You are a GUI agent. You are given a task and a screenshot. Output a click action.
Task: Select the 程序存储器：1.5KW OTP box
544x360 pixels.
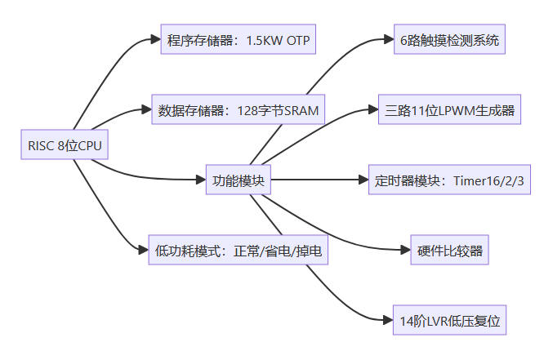click(238, 40)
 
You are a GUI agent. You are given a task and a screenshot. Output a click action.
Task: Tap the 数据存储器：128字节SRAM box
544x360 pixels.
click(239, 109)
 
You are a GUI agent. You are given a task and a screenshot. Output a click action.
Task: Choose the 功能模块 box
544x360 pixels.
click(237, 180)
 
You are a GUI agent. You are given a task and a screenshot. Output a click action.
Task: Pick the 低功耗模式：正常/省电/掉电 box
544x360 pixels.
click(238, 251)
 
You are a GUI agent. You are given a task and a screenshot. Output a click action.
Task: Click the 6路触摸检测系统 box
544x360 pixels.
click(449, 40)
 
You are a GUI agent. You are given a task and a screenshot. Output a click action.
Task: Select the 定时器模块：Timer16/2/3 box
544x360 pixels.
click(449, 180)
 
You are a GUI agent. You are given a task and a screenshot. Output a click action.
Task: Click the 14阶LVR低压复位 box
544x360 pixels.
click(449, 320)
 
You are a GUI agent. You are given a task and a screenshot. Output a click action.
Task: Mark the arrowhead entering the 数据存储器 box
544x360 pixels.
click(146, 109)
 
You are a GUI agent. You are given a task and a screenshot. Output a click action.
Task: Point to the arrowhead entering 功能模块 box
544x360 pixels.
click(198, 180)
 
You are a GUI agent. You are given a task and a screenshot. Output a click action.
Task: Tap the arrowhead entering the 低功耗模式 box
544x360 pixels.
click(143, 250)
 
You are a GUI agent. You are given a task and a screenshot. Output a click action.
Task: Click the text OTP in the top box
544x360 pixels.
click(293, 40)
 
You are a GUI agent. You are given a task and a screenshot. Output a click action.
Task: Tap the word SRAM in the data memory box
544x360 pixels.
click(301, 109)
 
